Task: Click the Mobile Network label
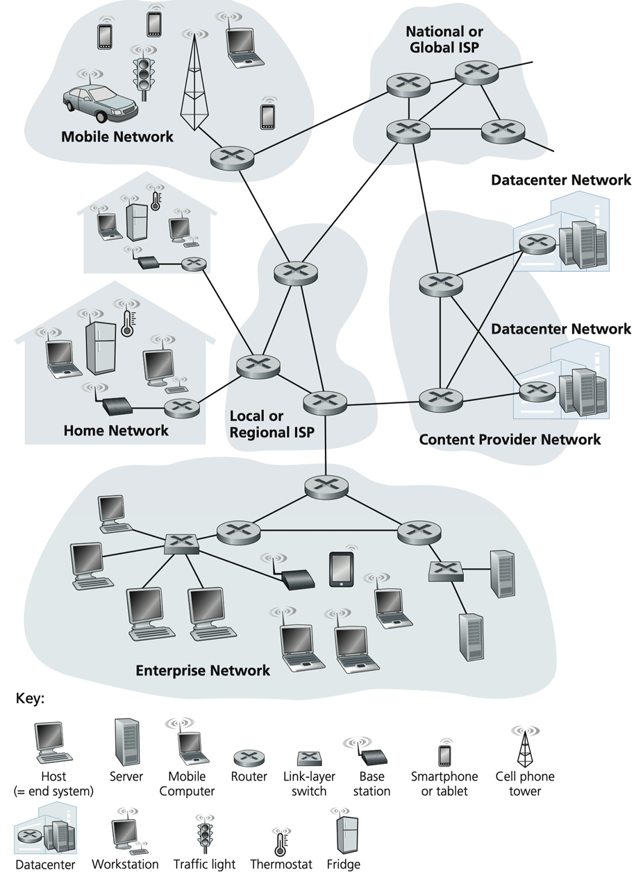(x=117, y=137)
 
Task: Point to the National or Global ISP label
(x=444, y=40)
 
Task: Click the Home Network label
(x=116, y=431)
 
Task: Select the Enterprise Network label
(x=203, y=670)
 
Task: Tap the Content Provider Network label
(x=510, y=440)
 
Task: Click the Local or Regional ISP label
(x=272, y=425)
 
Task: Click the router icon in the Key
(x=249, y=758)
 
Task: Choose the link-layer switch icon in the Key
(x=308, y=758)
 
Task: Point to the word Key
(x=30, y=699)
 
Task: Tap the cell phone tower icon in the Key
(x=525, y=748)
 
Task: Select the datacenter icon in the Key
(x=45, y=831)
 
